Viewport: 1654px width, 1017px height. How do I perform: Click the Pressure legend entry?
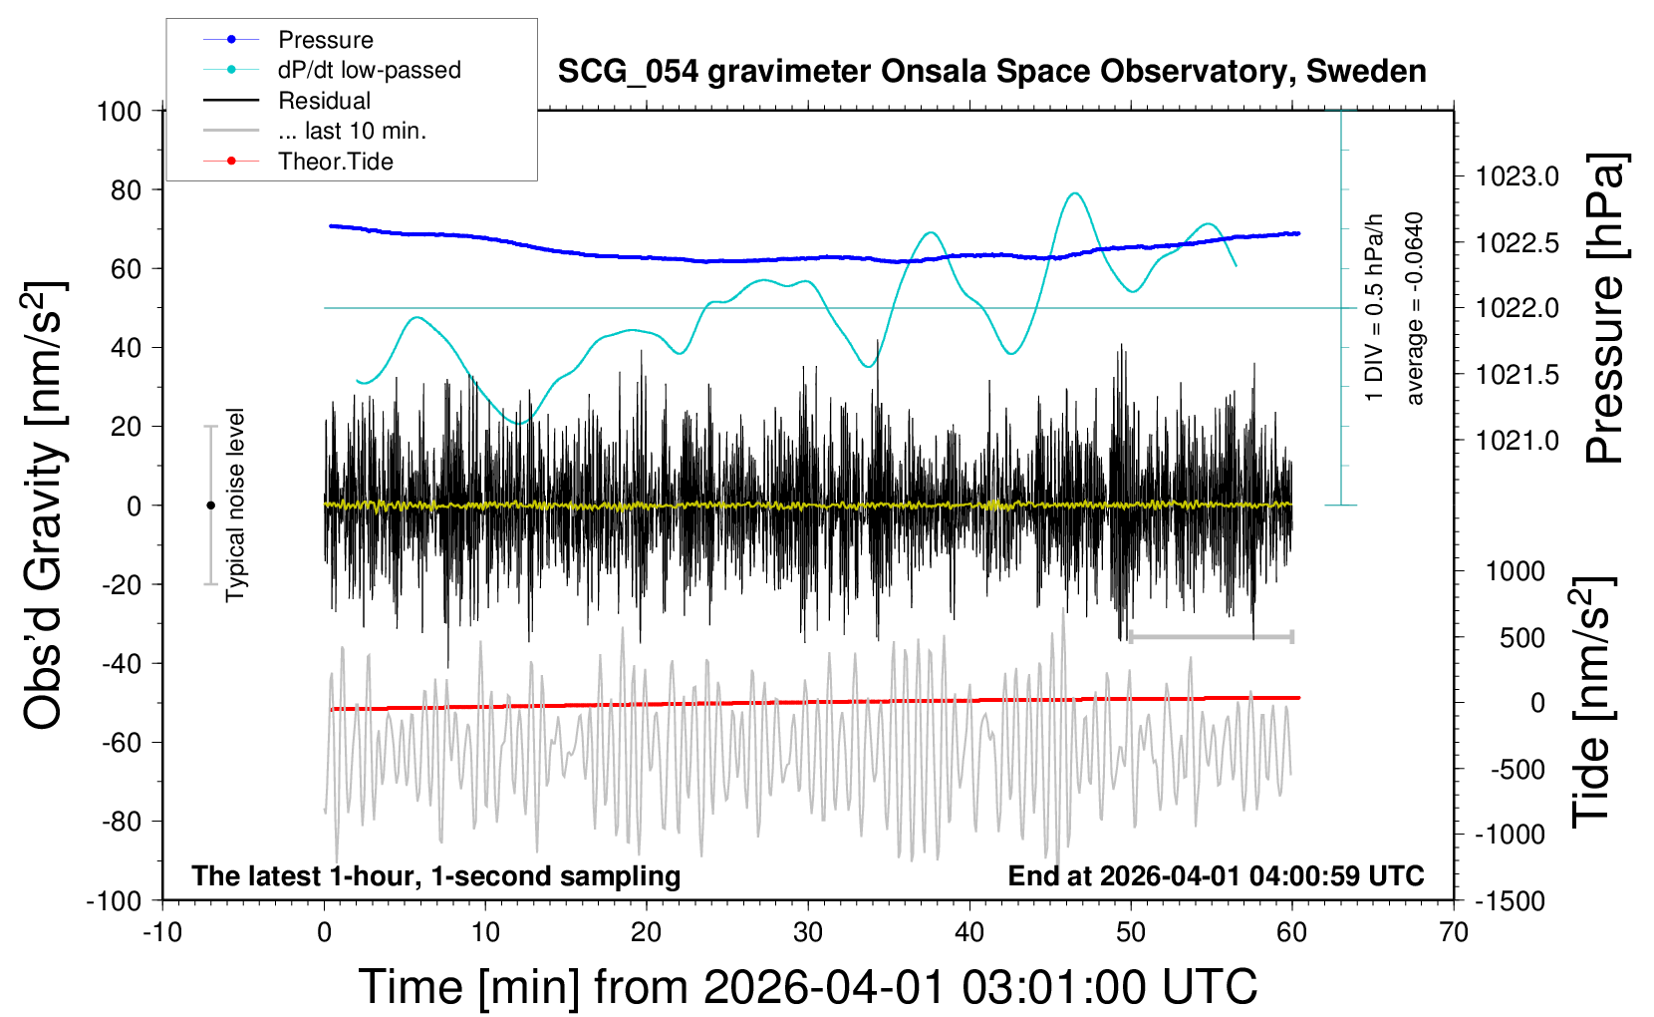pyautogui.click(x=325, y=40)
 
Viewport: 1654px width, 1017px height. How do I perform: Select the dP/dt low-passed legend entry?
pyautogui.click(x=369, y=70)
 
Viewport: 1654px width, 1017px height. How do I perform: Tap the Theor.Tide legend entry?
pyautogui.click(x=335, y=162)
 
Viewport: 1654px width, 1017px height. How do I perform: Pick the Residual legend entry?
pyautogui.click(x=324, y=101)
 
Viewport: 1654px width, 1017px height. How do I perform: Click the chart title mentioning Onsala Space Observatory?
pyautogui.click(x=991, y=72)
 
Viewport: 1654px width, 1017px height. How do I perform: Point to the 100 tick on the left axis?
pyautogui.click(x=120, y=111)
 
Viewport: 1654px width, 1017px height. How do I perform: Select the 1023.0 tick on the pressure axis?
pyautogui.click(x=1517, y=177)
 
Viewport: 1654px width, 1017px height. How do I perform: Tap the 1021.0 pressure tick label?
pyautogui.click(x=1517, y=441)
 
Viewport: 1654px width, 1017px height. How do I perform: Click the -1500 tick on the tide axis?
pyautogui.click(x=1510, y=901)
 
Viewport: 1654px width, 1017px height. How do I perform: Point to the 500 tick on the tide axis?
pyautogui.click(x=1522, y=637)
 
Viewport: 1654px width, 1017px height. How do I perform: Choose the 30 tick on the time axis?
pyautogui.click(x=808, y=933)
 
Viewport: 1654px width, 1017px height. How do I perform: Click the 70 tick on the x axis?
pyautogui.click(x=1454, y=933)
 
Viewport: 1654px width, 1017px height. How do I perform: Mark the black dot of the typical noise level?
pyautogui.click(x=210, y=506)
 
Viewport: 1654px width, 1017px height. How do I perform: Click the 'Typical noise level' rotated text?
pyautogui.click(x=235, y=505)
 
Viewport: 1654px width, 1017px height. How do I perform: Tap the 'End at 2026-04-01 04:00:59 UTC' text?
pyautogui.click(x=1216, y=876)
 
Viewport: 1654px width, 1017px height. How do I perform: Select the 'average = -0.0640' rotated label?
pyautogui.click(x=1414, y=308)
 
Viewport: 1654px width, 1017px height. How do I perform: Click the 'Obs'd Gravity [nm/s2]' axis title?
pyautogui.click(x=45, y=506)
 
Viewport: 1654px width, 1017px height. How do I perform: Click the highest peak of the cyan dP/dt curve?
pyautogui.click(x=1073, y=193)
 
